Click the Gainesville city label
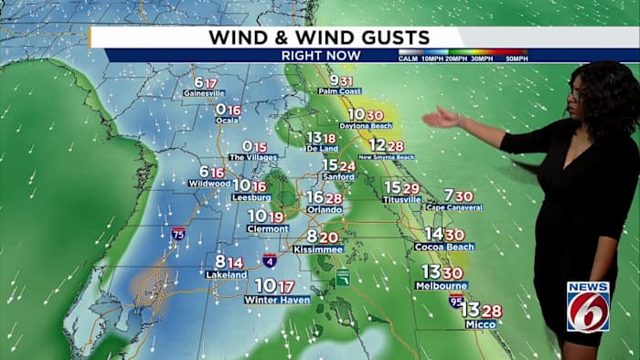pos(204,93)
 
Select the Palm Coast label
pos(340,91)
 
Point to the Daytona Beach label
pos(367,125)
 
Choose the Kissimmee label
pos(325,249)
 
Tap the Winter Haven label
pos(277,299)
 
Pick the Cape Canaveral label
pos(454,207)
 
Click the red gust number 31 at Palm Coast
pos(347,80)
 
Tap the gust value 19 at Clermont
pos(276,217)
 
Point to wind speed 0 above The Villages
pos(247,146)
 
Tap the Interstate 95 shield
pos(456,300)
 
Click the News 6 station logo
pos(588,305)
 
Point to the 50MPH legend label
pos(515,59)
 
